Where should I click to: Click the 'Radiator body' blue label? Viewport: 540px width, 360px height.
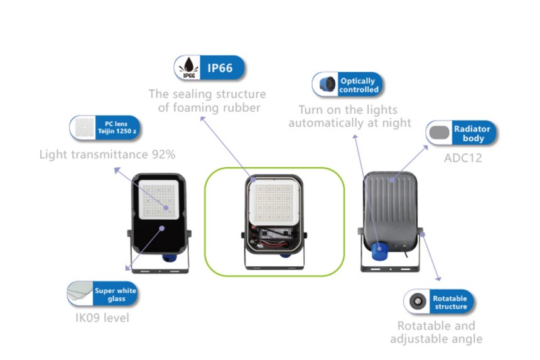(473, 133)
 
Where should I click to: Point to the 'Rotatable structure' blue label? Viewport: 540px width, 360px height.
(450, 302)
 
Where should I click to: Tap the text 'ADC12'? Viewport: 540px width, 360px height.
(463, 158)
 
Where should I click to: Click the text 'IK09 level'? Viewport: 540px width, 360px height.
(102, 318)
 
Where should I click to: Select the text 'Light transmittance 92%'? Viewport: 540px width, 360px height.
(107, 155)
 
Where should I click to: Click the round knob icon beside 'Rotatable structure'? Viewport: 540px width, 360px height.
(416, 302)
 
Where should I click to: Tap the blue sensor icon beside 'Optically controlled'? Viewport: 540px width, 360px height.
(325, 85)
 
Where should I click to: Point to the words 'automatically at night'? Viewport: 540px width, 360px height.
(350, 123)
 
